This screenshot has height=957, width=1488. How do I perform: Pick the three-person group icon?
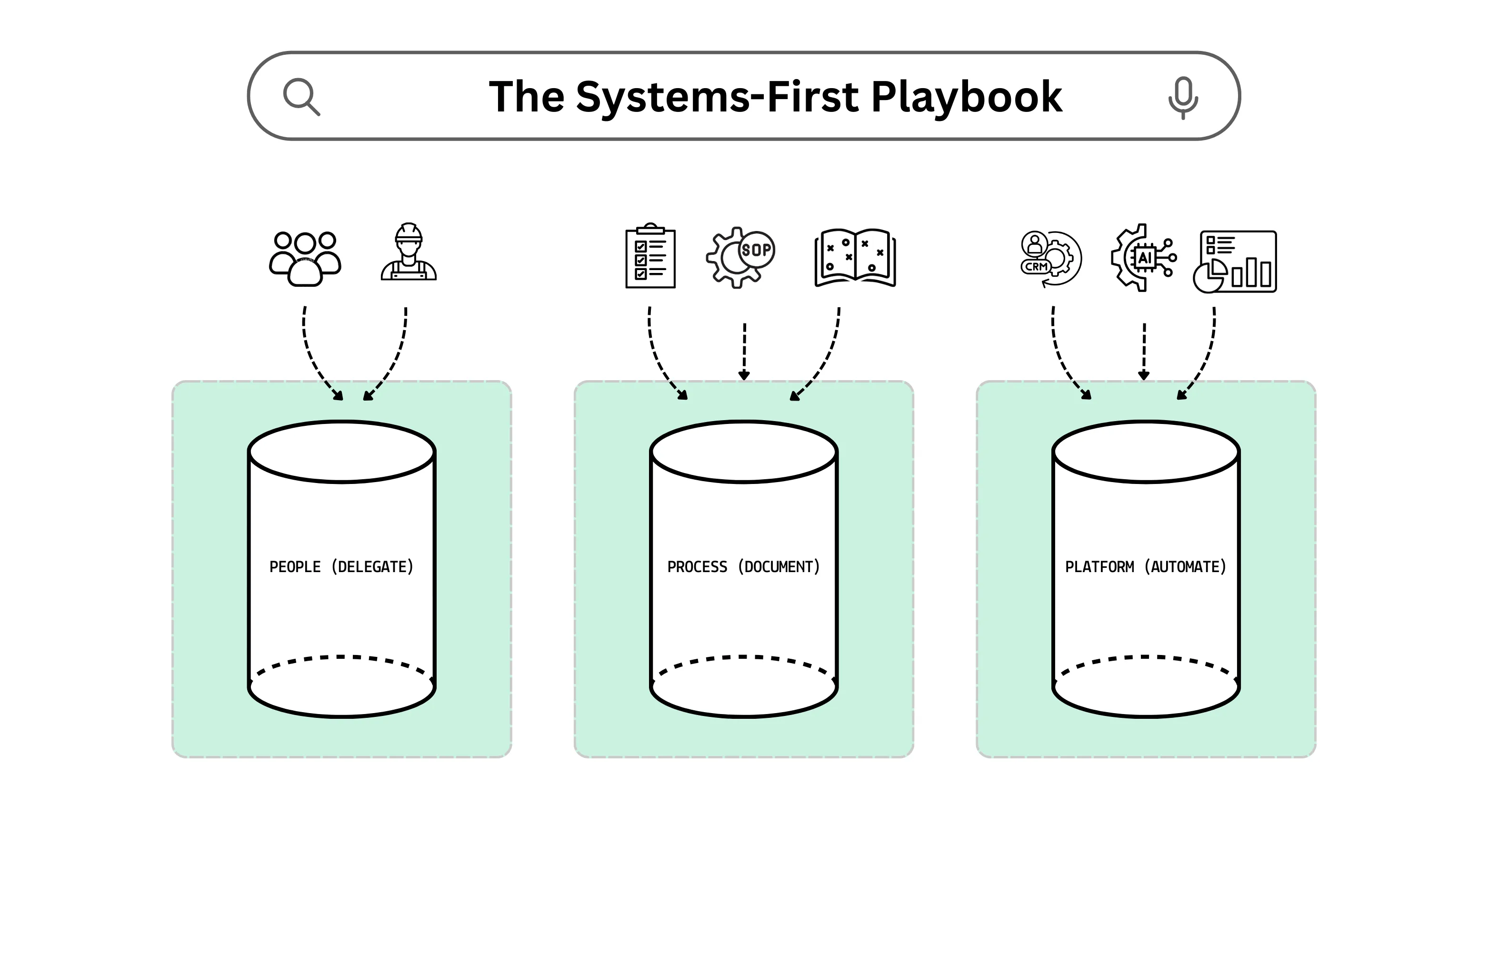pyautogui.click(x=305, y=259)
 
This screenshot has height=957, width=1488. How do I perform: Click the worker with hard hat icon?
pyautogui.click(x=409, y=253)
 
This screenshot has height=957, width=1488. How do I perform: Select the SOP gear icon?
pyautogui.click(x=740, y=256)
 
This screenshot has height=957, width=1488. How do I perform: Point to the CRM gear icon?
pyautogui.click(x=1051, y=259)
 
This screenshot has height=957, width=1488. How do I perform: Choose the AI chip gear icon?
pyautogui.click(x=1143, y=257)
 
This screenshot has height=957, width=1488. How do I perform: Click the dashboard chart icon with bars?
pyautogui.click(x=1235, y=261)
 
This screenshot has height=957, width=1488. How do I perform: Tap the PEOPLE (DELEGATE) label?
pyautogui.click(x=341, y=567)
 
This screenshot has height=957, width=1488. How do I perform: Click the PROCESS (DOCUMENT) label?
pyautogui.click(x=743, y=567)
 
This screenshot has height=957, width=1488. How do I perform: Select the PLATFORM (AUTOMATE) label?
pyautogui.click(x=1146, y=567)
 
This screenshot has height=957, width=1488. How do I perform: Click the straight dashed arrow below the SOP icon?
pyautogui.click(x=744, y=351)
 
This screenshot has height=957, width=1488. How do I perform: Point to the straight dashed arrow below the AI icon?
pyautogui.click(x=1144, y=351)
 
